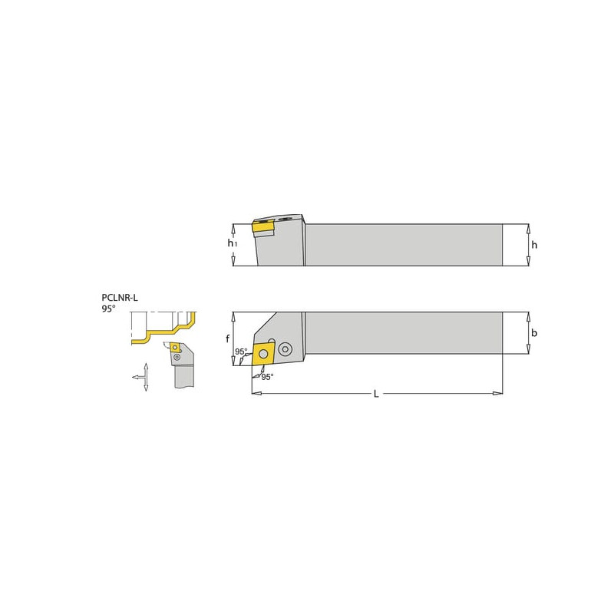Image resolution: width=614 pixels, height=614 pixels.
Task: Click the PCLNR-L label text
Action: click(x=120, y=298)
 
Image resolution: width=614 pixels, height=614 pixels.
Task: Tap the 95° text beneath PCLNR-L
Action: click(x=108, y=309)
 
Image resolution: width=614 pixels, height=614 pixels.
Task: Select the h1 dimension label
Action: click(x=233, y=243)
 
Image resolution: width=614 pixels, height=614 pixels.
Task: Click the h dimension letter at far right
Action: click(x=534, y=245)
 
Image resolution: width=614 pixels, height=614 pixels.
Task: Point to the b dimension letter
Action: click(x=534, y=333)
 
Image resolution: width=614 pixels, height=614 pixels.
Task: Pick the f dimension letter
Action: click(x=227, y=338)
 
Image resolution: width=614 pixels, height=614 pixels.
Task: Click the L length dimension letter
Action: click(x=376, y=394)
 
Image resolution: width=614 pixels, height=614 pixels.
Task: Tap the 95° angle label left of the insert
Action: click(x=241, y=352)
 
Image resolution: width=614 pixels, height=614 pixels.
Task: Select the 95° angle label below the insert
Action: click(x=267, y=377)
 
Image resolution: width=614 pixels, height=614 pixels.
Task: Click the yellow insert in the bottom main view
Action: click(x=263, y=355)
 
